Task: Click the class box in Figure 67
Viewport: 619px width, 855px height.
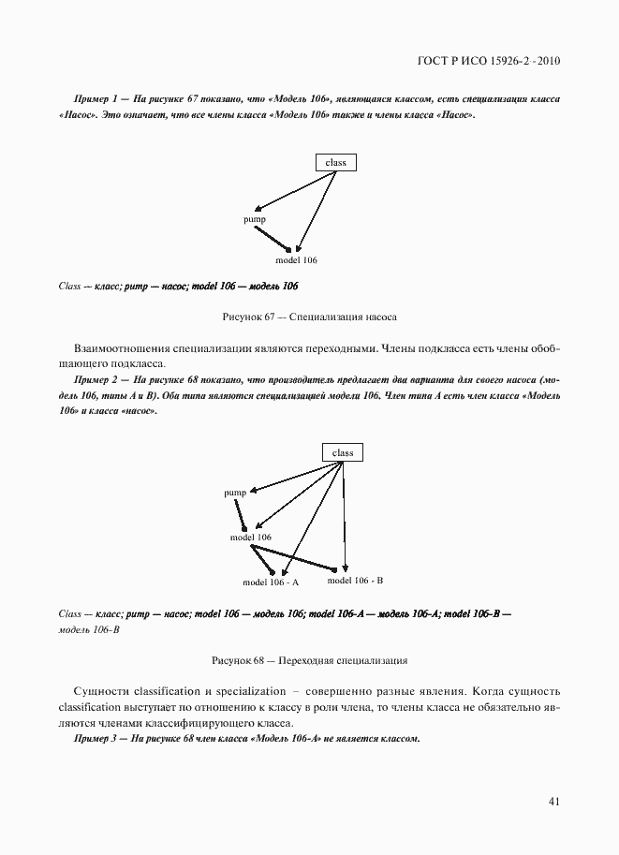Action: tap(335, 163)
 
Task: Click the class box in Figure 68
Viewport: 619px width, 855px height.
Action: tap(343, 452)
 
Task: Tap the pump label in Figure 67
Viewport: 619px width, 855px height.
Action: tap(255, 219)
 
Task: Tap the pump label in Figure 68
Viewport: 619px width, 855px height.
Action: tap(235, 493)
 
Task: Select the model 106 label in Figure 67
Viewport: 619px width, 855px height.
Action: tap(296, 260)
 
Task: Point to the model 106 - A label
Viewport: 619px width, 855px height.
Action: tap(271, 582)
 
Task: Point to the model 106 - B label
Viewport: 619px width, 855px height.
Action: tap(355, 581)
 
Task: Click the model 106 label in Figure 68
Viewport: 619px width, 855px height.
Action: tap(251, 538)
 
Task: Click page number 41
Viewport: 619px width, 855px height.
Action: tap(553, 802)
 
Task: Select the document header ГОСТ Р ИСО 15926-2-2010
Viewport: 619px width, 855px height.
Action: tap(488, 63)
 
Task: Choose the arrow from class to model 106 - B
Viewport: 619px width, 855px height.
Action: tap(345, 515)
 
